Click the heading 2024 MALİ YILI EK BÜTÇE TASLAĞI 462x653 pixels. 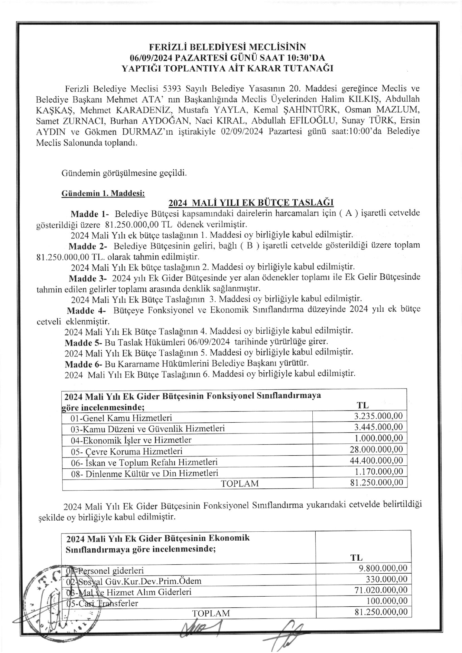[x=251, y=203]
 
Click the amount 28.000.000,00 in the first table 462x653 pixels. [x=376, y=449]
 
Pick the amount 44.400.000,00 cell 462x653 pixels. [x=376, y=461]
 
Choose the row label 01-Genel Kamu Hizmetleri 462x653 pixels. [x=121, y=418]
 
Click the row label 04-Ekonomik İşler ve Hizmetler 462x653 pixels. [x=131, y=440]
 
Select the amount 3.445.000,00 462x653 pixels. [x=378, y=427]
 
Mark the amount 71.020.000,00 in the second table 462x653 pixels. [x=381, y=590]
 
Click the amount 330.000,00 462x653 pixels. [x=387, y=579]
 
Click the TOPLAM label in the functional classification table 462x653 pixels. [x=240, y=484]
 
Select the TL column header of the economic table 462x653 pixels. [x=357, y=558]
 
